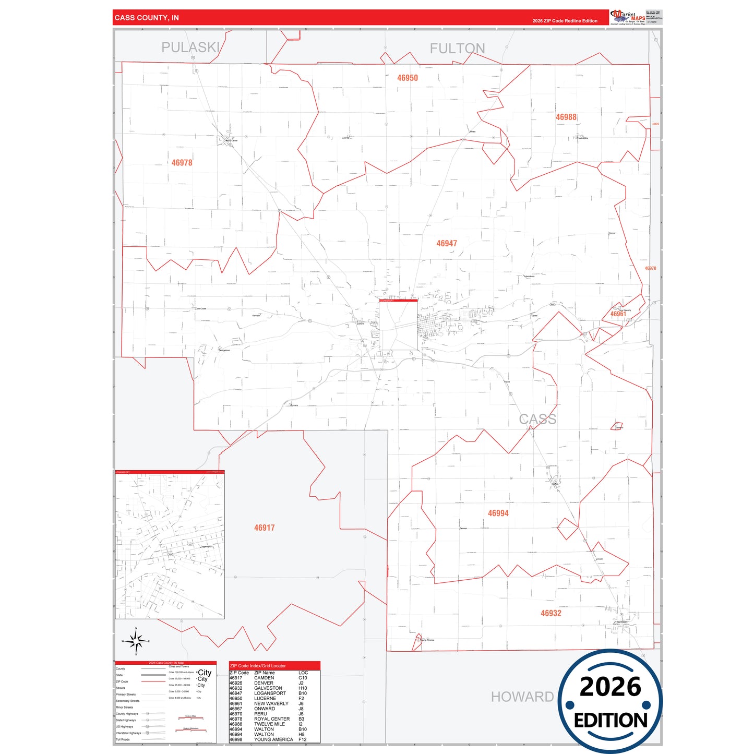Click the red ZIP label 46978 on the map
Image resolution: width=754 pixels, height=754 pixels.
pos(182,163)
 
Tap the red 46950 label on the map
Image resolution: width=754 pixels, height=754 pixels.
pos(407,78)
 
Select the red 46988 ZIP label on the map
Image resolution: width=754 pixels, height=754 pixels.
pos(566,117)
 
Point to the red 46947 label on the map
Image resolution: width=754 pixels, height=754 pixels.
pos(447,244)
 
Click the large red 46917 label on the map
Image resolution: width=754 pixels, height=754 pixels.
pos(264,528)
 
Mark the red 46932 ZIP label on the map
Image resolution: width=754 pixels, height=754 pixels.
pos(550,614)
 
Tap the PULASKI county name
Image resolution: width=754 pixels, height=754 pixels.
pos(190,47)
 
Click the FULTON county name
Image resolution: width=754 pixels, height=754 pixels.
pos(457,49)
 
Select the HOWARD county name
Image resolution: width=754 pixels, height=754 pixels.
pos(522,697)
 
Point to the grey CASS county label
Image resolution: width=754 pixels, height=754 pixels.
pos(537,419)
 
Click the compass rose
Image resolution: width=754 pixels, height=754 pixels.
pos(136,641)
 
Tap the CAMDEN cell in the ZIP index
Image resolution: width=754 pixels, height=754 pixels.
pos(264,678)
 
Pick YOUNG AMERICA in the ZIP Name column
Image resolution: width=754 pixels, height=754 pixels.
pos(273,739)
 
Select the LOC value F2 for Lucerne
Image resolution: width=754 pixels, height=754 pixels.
pos(301,698)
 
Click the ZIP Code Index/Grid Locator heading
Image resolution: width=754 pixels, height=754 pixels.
pos(258,666)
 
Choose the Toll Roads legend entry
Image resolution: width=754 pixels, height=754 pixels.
pos(123,739)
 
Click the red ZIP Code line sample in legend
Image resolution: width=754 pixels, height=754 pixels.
pos(153,681)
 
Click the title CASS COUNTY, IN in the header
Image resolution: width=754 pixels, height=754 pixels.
pos(147,18)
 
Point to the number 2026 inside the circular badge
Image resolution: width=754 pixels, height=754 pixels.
pos(610,687)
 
